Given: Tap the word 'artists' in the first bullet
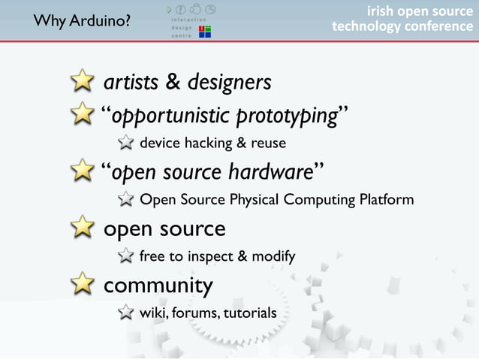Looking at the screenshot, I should point(131,82).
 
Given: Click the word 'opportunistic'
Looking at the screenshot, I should point(170,116).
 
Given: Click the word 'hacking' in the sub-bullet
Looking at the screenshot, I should point(209,143).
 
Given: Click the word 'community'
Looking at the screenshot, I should point(158,286).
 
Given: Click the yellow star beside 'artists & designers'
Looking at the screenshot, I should point(83,82).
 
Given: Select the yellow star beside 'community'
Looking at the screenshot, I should point(83,285).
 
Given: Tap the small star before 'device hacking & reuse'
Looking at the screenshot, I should point(127,143).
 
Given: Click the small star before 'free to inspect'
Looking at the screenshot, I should point(127,256).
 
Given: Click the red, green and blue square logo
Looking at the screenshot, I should point(204,31).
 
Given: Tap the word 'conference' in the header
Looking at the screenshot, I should point(433,26).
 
